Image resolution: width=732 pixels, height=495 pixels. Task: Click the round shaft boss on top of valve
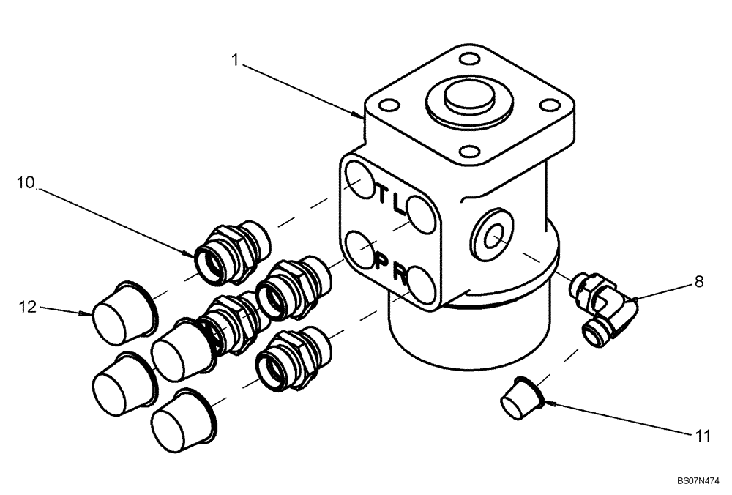click(x=466, y=97)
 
